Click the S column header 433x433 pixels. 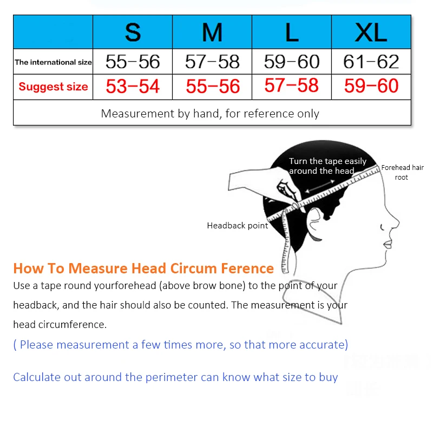coord(133,32)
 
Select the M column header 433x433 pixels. coord(212,32)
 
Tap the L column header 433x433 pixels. coord(292,32)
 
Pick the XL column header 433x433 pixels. coord(371,32)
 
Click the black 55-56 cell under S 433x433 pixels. coord(133,62)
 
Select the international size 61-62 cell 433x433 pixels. coord(371,62)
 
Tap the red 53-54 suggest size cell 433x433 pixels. coord(133,87)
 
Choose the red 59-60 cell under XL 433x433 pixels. coord(371,86)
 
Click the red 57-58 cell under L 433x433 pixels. coord(292,86)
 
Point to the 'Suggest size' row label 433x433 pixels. coord(53,87)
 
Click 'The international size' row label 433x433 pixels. coord(53,62)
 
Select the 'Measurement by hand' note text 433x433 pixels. coord(210,114)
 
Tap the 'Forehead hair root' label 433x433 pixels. coord(402,172)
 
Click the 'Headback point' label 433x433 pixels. coord(238,226)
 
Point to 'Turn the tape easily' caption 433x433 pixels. coord(327,161)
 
